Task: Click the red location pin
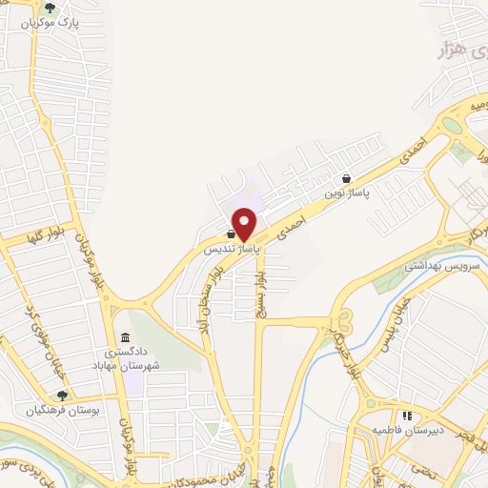pos(245,224)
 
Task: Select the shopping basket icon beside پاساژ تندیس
pos(231,234)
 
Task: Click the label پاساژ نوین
pos(346,192)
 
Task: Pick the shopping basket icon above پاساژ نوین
pos(346,178)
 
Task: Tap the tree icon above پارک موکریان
pos(64,9)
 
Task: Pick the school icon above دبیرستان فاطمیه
pos(407,416)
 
